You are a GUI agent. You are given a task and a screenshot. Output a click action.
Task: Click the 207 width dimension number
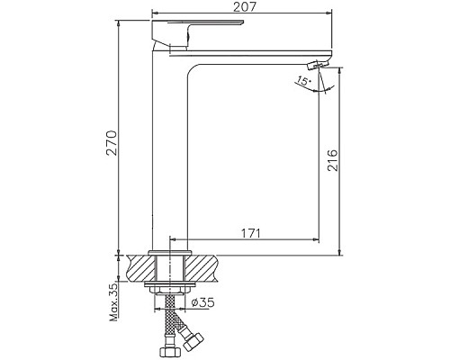(x=238, y=8)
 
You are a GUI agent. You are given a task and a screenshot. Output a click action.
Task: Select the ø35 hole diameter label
(x=202, y=303)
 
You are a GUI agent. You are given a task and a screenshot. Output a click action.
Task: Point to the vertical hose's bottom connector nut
(x=167, y=346)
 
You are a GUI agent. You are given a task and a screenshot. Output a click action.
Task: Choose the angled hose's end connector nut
(x=193, y=340)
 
